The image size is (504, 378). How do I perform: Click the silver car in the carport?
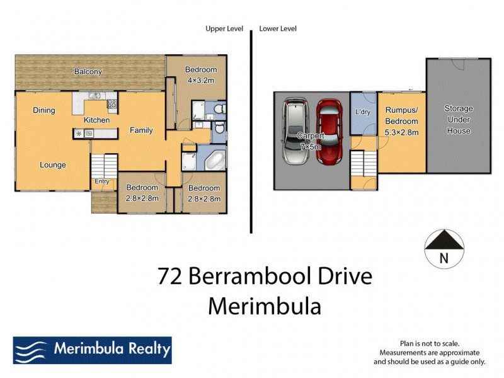294,132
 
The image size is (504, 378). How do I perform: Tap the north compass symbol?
444,248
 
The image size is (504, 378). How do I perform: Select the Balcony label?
88,72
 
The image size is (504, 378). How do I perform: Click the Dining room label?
44,110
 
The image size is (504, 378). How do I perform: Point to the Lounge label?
53,165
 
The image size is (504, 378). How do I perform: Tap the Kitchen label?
97,120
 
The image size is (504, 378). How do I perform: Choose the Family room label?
141,130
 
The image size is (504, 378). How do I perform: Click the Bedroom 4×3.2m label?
200,75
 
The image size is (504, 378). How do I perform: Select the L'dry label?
362,112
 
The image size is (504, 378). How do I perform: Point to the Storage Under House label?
458,120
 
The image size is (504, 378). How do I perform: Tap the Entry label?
102,181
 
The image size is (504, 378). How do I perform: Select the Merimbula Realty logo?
92,350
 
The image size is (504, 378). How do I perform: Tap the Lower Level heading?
278,28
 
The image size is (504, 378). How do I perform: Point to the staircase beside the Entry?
105,166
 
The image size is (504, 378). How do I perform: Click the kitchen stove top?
112,103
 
